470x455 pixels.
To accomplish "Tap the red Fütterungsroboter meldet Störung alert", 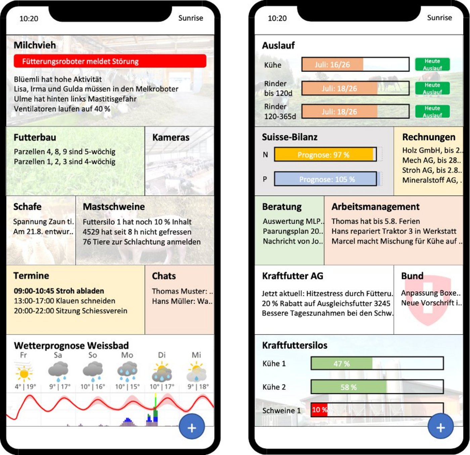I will [x=110, y=61].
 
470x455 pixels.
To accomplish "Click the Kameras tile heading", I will [x=171, y=137].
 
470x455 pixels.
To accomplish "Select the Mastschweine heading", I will [x=114, y=207].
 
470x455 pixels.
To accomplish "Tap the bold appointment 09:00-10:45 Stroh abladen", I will [x=59, y=291].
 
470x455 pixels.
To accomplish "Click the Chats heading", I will [x=164, y=276].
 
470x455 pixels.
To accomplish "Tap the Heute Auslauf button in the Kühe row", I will [x=432, y=64].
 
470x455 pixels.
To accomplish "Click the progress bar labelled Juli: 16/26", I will [x=355, y=64].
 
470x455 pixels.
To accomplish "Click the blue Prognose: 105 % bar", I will [x=326, y=179].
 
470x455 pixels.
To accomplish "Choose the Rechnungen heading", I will [x=429, y=137].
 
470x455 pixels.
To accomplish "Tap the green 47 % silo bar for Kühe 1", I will [x=342, y=363].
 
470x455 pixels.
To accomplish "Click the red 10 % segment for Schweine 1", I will [x=319, y=410].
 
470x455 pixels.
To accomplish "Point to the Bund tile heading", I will [x=412, y=276].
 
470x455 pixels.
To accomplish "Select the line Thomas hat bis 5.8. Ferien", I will [x=376, y=221].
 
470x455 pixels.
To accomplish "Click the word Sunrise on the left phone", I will [x=190, y=18].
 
